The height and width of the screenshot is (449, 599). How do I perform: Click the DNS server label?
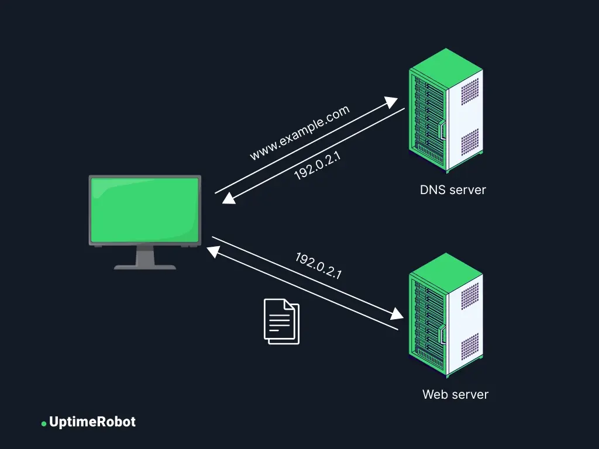[453, 190]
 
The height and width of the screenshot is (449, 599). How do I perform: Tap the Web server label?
[455, 394]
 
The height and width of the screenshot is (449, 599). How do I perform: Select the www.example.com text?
[299, 133]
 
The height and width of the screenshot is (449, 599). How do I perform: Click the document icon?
[281, 321]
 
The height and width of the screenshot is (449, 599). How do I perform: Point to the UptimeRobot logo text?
[92, 422]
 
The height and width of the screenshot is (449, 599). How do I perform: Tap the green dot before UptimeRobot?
[44, 423]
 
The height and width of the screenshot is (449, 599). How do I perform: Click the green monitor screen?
[144, 209]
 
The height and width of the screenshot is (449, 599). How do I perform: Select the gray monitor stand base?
[144, 267]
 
